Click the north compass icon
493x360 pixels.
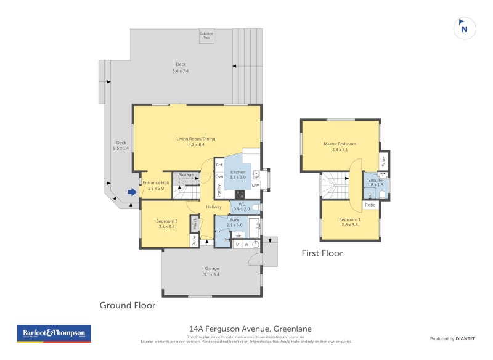coord(465,28)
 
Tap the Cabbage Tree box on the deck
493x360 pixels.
coord(206,36)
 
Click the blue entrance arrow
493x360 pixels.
coord(131,192)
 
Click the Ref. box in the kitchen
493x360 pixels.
coord(219,165)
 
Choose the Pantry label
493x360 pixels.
coord(219,190)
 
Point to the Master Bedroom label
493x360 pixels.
coord(340,146)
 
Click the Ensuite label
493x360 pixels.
coord(375,182)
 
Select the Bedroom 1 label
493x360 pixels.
coord(349,222)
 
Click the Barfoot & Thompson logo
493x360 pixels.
coord(54,333)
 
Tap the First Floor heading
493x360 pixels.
coord(322,253)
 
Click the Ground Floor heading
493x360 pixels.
coord(128,305)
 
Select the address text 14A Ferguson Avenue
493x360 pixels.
coord(246,330)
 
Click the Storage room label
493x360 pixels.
coord(186,175)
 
